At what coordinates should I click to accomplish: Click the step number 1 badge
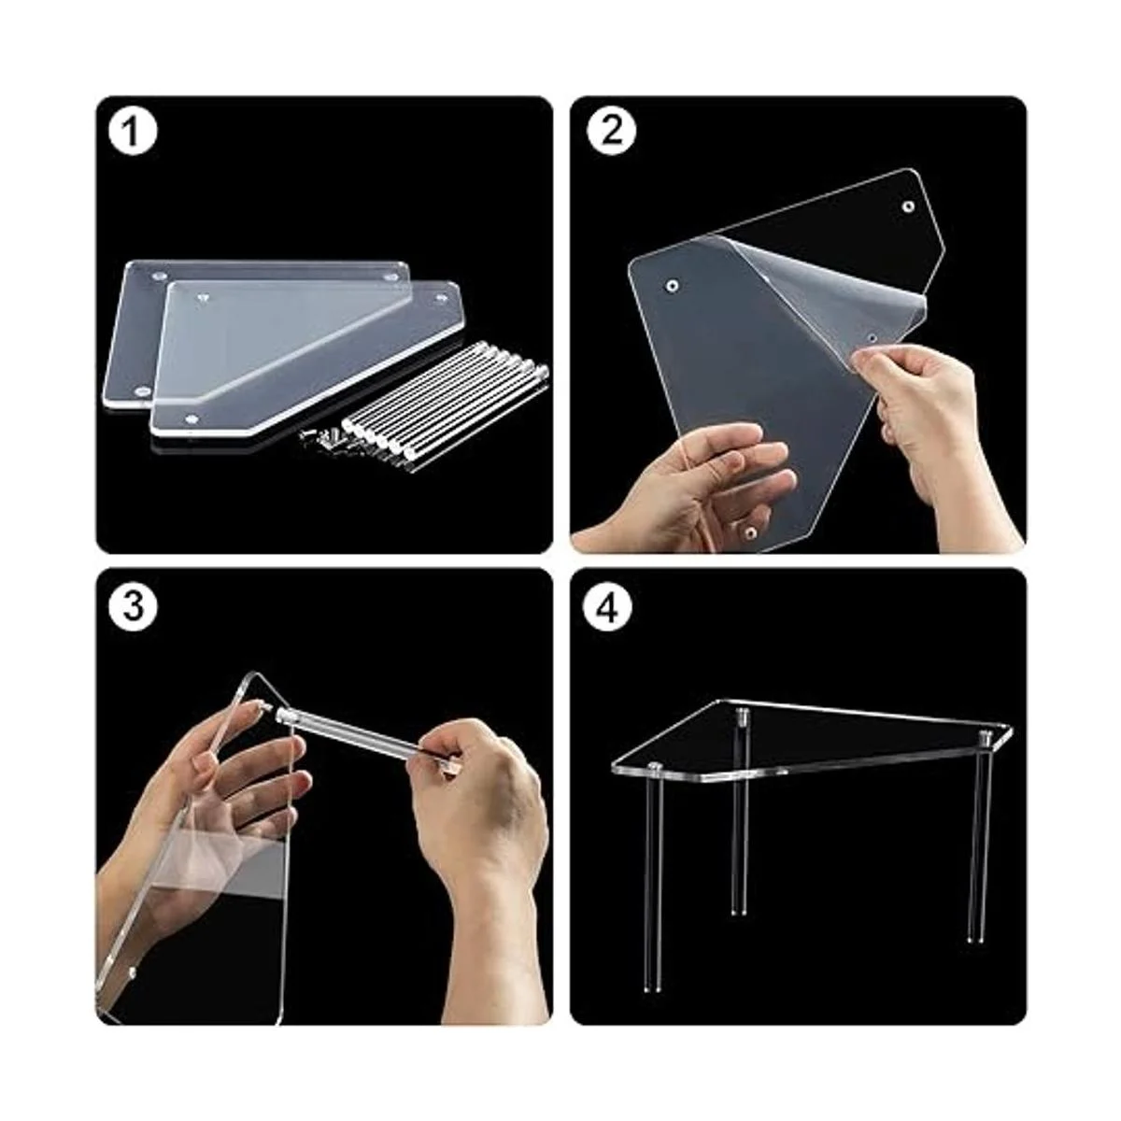[134, 132]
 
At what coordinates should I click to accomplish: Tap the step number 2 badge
[610, 132]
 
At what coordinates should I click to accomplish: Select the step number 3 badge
[134, 606]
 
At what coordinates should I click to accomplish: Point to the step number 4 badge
[610, 606]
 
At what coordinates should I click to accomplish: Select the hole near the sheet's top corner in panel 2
[908, 206]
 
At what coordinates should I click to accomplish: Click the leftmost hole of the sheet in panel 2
[672, 286]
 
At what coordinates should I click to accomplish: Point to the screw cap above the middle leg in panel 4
[742, 715]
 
